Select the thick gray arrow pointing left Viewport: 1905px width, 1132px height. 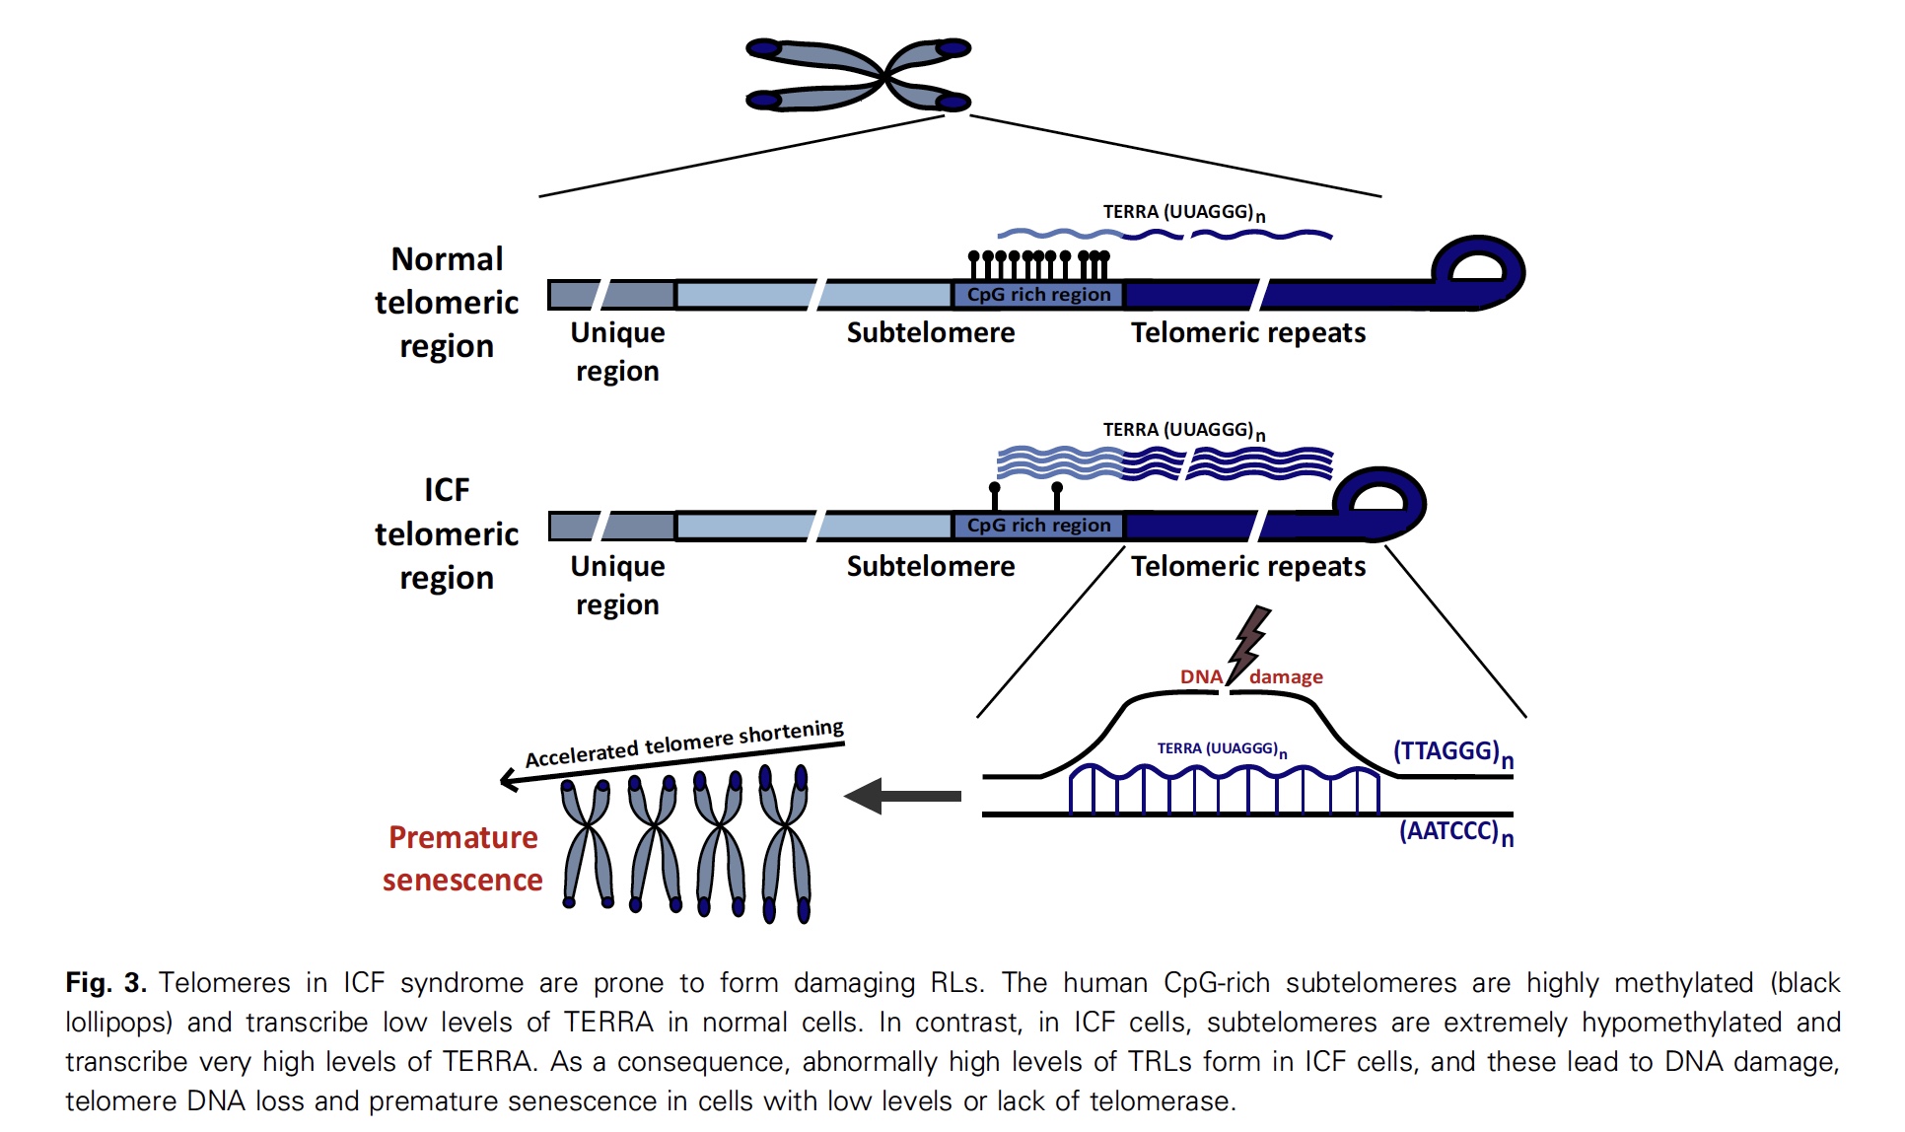coord(902,796)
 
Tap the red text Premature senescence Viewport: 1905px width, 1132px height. coord(462,858)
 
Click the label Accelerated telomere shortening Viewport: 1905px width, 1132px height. coord(683,744)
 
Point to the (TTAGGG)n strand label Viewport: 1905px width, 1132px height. coord(1452,752)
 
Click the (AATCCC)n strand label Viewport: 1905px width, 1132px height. coord(1455,832)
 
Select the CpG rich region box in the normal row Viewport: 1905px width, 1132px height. coord(1038,294)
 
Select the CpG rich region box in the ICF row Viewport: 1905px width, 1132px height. coord(1038,526)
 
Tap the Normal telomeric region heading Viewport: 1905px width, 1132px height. coord(447,303)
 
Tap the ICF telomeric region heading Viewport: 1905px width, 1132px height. coord(447,533)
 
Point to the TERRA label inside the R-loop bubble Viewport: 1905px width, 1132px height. coord(1221,749)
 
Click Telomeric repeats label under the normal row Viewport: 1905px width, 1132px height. coord(1248,333)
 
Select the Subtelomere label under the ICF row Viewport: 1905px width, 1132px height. coord(930,567)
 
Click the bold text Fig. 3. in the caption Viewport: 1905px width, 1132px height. coord(106,983)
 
